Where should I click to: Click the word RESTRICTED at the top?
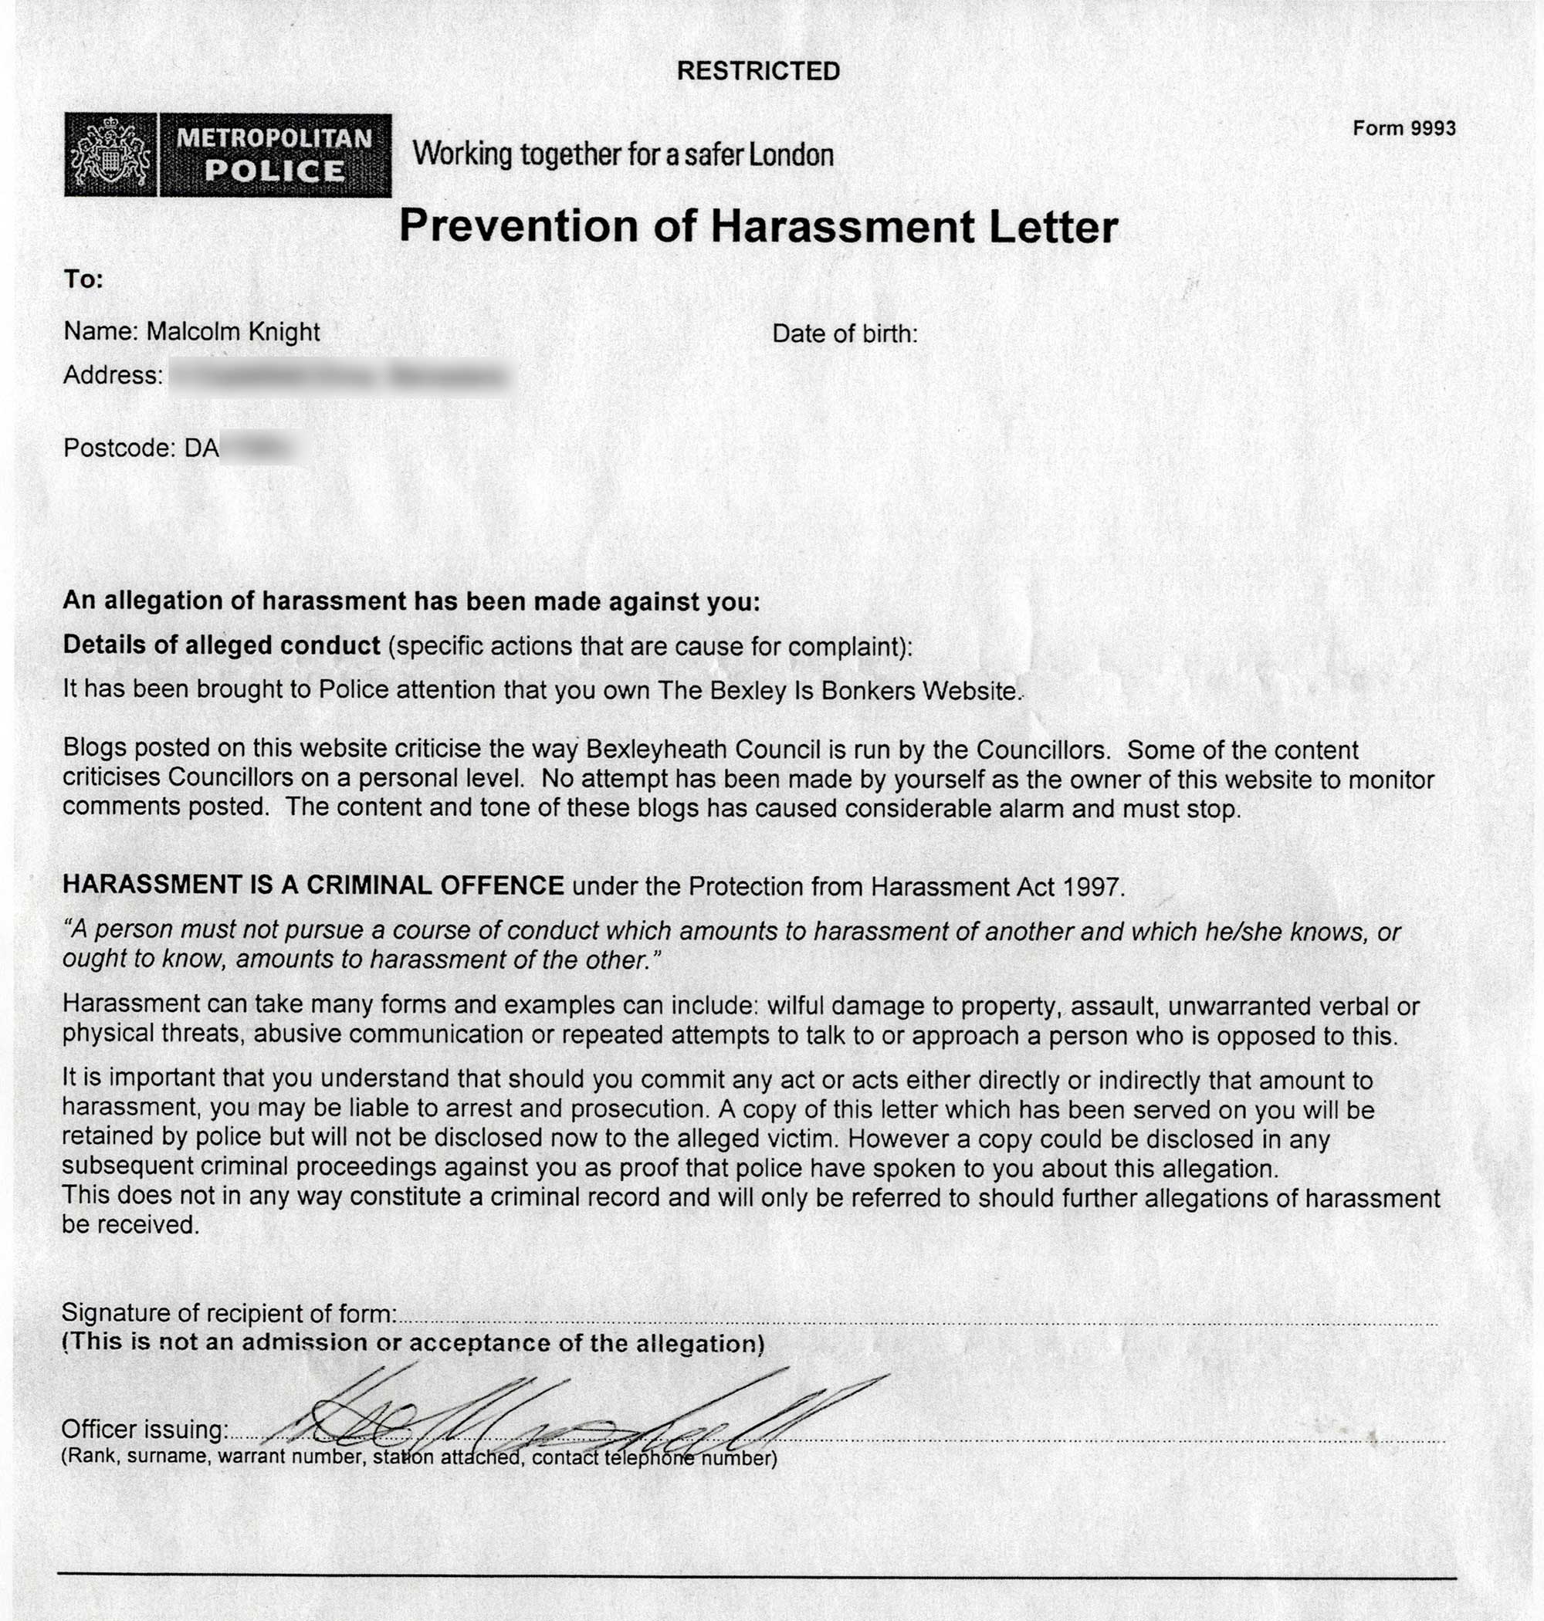coord(758,72)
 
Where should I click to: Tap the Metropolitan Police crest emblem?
coord(110,155)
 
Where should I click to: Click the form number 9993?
coord(1433,128)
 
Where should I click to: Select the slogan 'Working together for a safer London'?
coord(623,154)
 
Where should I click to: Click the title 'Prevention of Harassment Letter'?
coord(758,227)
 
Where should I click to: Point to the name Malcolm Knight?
coord(233,332)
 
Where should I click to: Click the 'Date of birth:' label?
coord(845,334)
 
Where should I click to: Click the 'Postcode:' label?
coord(120,448)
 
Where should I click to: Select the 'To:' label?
coord(83,279)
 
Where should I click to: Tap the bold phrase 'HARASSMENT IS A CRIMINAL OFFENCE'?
coord(313,885)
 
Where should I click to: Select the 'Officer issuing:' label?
coord(145,1430)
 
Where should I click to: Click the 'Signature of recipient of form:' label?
coord(229,1313)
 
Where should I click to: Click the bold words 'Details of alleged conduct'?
coord(222,646)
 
